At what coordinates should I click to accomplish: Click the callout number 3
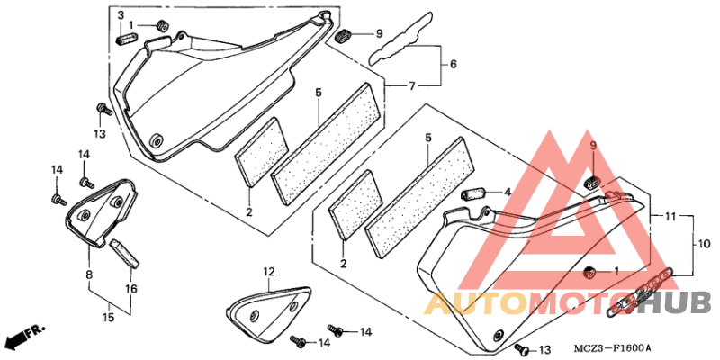pyautogui.click(x=121, y=15)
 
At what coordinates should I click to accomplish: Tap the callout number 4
pyautogui.click(x=507, y=193)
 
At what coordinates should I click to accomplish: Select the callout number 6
pyautogui.click(x=454, y=64)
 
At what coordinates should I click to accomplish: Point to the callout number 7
pyautogui.click(x=412, y=85)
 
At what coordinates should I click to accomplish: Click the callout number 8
pyautogui.click(x=89, y=275)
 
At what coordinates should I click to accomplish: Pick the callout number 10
pyautogui.click(x=704, y=245)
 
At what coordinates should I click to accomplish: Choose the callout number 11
pyautogui.click(x=670, y=215)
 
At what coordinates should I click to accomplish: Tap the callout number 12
pyautogui.click(x=268, y=272)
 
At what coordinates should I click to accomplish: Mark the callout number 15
pyautogui.click(x=109, y=318)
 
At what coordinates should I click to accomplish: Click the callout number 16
pyautogui.click(x=130, y=289)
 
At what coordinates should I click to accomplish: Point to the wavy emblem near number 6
pyautogui.click(x=400, y=40)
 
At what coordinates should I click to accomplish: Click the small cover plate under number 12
pyautogui.click(x=268, y=312)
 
